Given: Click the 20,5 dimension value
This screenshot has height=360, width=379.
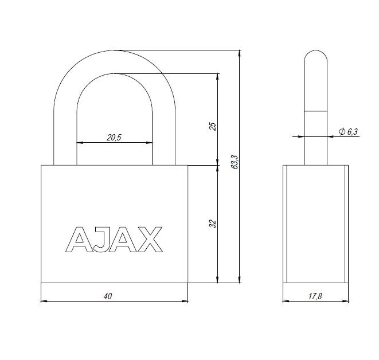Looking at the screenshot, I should [115, 137].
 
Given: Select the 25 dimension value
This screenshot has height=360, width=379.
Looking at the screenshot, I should [212, 126].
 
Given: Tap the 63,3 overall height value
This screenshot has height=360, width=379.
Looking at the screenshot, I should [233, 162].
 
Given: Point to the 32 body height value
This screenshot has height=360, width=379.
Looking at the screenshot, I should [212, 224].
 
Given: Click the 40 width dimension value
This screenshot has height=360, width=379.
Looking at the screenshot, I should [107, 296].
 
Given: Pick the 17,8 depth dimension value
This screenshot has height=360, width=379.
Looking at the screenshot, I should [315, 296].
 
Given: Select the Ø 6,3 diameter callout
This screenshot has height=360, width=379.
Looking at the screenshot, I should [348, 132].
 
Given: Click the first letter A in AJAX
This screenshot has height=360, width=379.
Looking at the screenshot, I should [77, 240].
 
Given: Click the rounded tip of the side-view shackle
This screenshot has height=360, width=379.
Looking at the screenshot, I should [315, 54].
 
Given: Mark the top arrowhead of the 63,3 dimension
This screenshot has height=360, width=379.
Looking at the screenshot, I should [239, 53].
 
